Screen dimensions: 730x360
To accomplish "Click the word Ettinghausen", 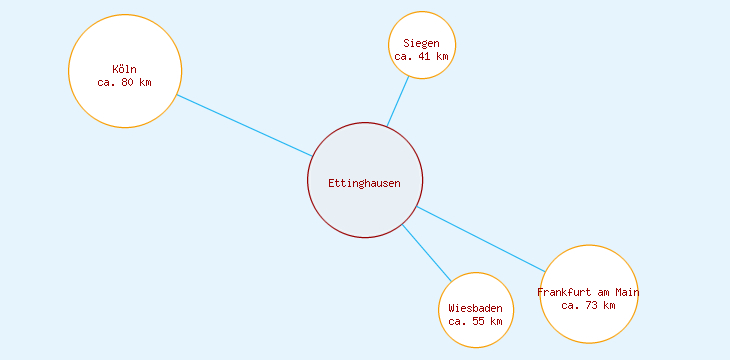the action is (365, 183).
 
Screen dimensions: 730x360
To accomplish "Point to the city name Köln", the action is (125, 69).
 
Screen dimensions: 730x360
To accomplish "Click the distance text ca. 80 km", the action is (125, 82).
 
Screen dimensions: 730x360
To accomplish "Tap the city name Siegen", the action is (422, 43).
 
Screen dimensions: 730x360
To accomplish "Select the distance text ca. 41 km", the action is (422, 57).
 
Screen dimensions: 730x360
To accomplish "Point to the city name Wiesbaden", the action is (476, 308).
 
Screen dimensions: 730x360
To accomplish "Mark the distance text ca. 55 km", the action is (476, 321).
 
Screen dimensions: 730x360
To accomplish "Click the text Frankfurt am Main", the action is (588, 292).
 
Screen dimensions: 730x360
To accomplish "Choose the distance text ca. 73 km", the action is (589, 305).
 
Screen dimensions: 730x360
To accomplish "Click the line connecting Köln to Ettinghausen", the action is (244, 125).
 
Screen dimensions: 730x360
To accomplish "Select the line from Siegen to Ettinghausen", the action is (398, 102).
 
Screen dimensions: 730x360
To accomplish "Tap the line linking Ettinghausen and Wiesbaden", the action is (427, 253).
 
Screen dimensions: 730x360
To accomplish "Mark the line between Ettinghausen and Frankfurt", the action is (481, 239).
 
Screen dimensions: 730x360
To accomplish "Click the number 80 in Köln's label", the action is (128, 82).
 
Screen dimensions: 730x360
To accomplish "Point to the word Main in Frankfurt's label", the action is (627, 292).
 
